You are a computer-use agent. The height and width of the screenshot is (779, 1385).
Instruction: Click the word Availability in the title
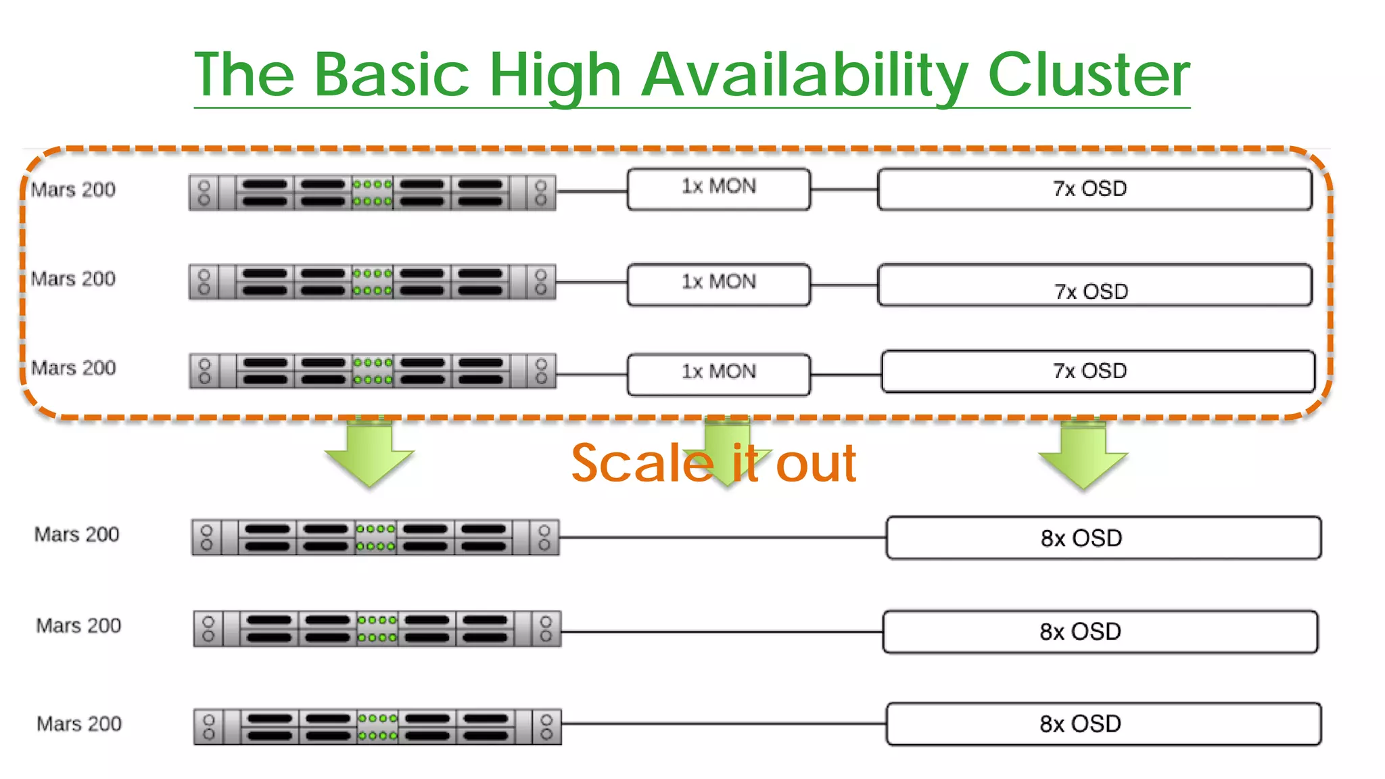pos(805,76)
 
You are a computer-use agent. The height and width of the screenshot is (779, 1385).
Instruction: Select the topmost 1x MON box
pos(718,189)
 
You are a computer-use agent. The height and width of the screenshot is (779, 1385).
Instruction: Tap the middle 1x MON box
pos(718,284)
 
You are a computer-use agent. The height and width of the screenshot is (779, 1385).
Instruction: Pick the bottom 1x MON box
pos(718,374)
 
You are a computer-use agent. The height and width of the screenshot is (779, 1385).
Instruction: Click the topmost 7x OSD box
pos(1094,189)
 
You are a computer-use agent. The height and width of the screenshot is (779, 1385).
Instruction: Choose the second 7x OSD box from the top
pos(1094,285)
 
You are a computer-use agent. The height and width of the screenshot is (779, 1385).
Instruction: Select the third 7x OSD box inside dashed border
pos(1097,371)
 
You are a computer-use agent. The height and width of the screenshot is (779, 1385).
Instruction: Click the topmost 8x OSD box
pos(1103,538)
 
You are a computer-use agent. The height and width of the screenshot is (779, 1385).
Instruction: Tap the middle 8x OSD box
pos(1100,632)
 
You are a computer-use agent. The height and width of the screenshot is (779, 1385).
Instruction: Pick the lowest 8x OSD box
pos(1103,724)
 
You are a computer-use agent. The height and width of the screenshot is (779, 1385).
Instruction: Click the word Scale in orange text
pos(642,464)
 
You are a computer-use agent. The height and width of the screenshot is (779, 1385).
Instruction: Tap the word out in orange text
pos(816,464)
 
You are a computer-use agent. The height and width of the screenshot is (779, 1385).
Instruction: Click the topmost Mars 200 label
pos(73,189)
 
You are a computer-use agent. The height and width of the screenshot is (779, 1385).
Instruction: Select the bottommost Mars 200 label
pos(79,724)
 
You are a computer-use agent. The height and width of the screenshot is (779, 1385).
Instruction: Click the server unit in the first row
pos(372,193)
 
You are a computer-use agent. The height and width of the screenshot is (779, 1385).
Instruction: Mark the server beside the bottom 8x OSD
pos(377,726)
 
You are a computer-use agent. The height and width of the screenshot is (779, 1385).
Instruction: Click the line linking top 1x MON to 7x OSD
pos(843,190)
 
